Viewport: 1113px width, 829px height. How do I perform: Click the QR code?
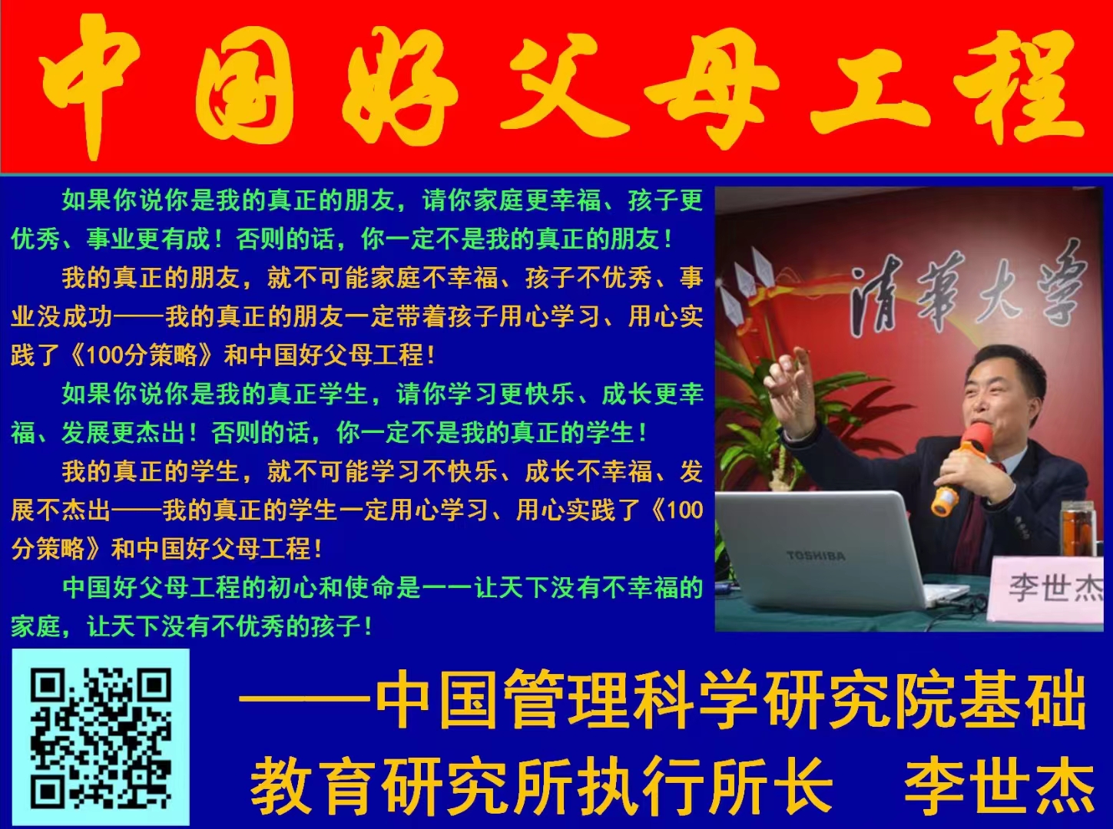[x=101, y=738]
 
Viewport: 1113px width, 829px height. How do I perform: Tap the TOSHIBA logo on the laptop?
[x=815, y=556]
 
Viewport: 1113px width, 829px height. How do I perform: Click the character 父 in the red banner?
[x=553, y=84]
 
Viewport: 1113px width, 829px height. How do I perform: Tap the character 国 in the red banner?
[x=244, y=86]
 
